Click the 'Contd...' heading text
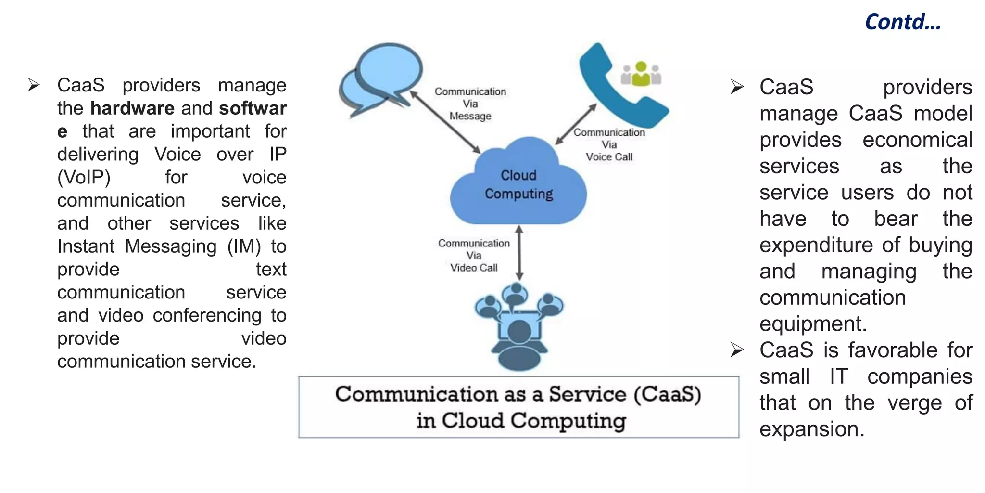coord(902,22)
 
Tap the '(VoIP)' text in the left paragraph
coord(84,177)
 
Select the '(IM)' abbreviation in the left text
coord(244,246)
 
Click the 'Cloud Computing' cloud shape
coord(518,185)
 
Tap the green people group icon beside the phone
coord(641,74)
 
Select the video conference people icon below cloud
coord(518,325)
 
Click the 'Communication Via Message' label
coord(470,104)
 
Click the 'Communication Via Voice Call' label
coord(609,144)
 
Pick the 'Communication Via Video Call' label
coord(474,255)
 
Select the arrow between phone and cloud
coord(576,124)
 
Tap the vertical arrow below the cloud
coord(519,253)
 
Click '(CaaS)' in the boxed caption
coord(667,394)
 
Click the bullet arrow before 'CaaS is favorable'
coord(736,350)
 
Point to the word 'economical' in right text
coord(917,140)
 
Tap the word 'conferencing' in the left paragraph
coord(207,315)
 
